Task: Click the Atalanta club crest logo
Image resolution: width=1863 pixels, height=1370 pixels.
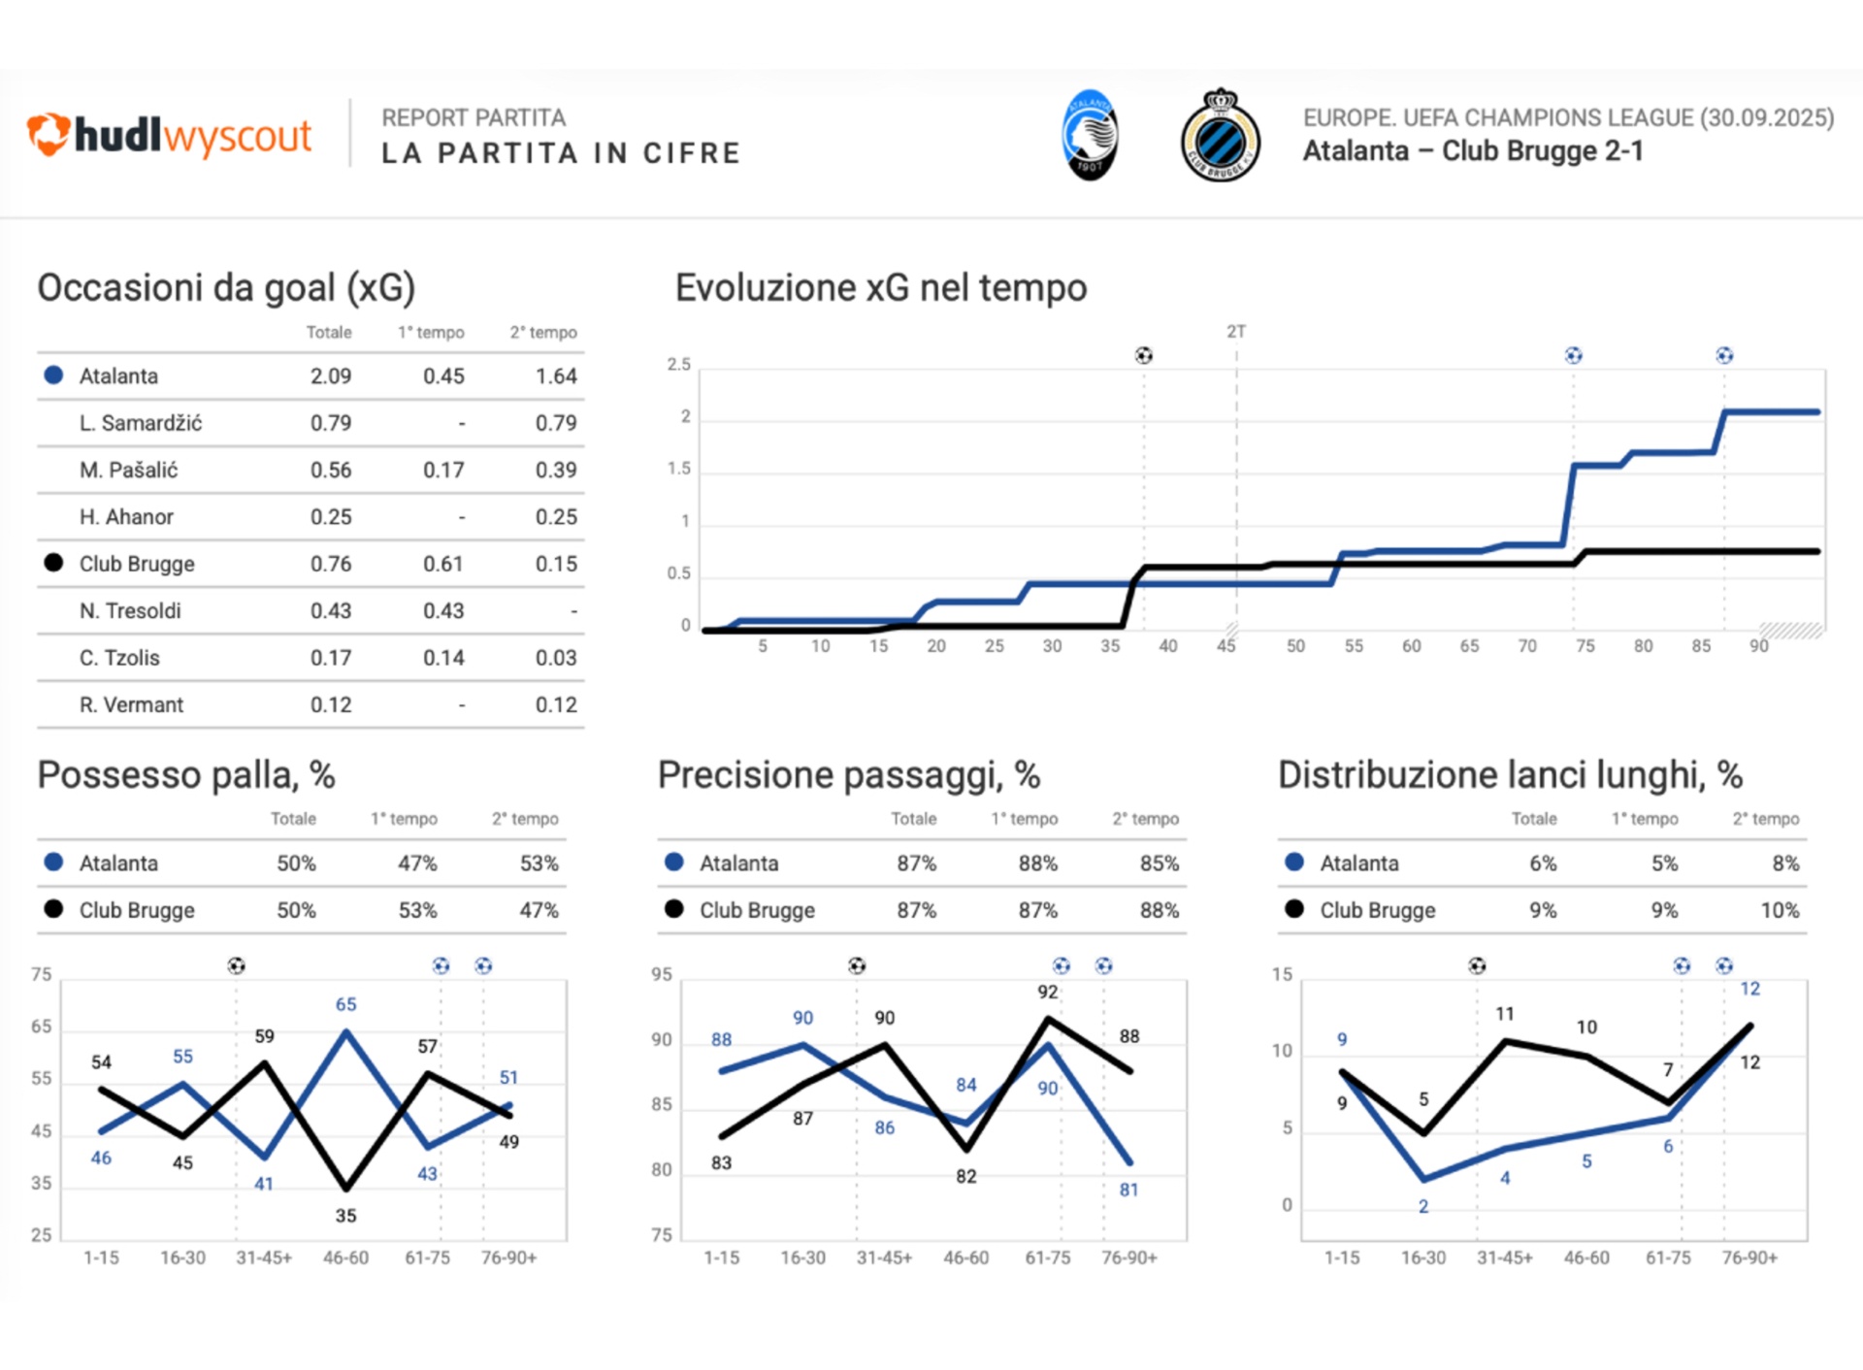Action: tap(1091, 135)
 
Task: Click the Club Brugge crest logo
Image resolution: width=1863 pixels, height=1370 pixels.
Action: tap(1221, 135)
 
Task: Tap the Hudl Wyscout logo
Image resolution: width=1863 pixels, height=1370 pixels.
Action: tap(170, 135)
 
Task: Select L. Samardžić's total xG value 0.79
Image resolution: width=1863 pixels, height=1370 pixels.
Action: tap(331, 423)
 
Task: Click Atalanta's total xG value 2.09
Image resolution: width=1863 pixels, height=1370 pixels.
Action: tap(331, 376)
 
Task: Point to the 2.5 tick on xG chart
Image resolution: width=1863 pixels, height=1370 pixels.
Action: tap(679, 365)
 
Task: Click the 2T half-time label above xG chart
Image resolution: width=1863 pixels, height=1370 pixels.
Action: tap(1236, 332)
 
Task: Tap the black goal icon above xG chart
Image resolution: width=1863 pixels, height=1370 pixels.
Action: tap(1144, 356)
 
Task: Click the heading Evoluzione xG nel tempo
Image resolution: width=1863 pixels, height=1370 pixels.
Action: tap(881, 288)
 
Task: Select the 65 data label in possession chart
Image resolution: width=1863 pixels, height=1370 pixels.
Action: tap(346, 1004)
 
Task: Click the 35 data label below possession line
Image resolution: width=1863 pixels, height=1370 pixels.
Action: tap(346, 1216)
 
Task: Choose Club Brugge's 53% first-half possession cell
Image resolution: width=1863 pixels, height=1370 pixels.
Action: tap(417, 911)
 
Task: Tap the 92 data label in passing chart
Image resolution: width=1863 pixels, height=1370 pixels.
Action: tap(1048, 992)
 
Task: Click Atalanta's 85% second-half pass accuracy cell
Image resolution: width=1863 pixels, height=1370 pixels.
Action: tap(1160, 864)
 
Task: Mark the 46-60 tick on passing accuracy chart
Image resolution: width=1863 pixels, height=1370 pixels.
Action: tap(966, 1258)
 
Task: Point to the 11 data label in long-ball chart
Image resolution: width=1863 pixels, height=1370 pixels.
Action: tap(1505, 1014)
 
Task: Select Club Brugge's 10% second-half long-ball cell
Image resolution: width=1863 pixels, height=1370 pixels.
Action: tap(1780, 911)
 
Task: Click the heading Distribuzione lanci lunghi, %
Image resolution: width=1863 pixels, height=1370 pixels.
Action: tap(1510, 775)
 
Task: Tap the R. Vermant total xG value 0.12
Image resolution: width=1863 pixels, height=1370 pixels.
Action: tap(331, 705)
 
